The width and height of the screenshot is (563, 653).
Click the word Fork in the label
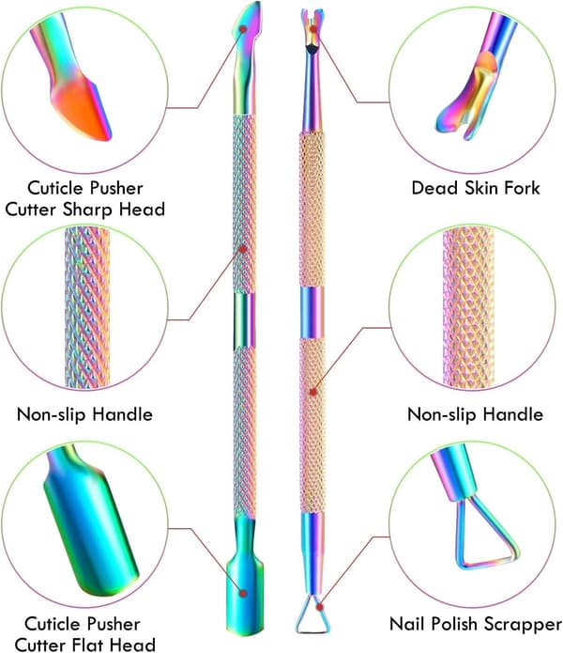coord(522,188)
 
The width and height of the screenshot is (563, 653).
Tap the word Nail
coord(407,624)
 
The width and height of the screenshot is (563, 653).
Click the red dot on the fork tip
coord(313,29)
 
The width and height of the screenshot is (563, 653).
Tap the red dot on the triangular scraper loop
coord(319,608)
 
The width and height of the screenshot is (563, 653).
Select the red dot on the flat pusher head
coord(243,593)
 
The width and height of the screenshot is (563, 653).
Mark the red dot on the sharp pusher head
coord(243,29)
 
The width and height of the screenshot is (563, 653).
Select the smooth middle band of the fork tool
coord(312,312)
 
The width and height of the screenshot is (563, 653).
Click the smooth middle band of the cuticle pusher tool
coord(245,319)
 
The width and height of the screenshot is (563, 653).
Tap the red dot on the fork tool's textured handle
coord(313,392)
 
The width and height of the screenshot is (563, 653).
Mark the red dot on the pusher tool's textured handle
coord(243,249)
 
